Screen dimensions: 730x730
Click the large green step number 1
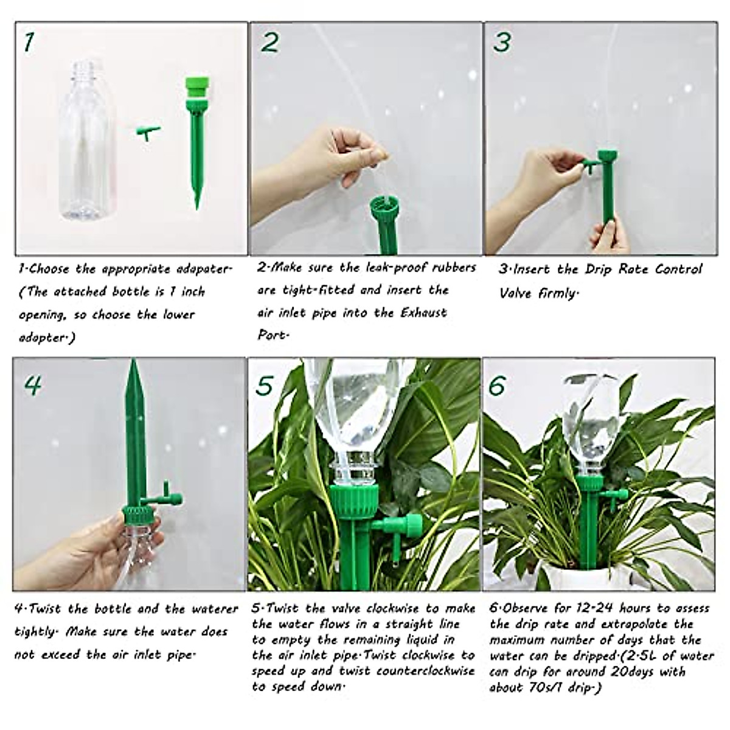coord(29,42)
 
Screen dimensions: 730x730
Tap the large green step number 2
coord(270,42)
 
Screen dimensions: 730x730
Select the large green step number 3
coord(502,42)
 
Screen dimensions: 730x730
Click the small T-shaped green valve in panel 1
coord(148,133)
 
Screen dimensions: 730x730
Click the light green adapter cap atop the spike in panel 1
coord(197,89)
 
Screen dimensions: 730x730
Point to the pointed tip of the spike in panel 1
coord(197,209)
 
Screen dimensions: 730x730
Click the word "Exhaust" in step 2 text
coord(423,313)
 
